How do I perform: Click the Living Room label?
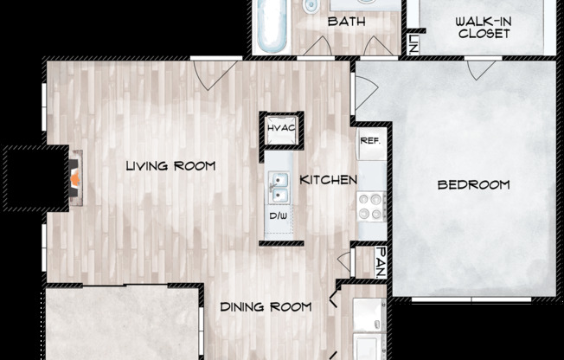point(170,165)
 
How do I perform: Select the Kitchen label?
point(329,180)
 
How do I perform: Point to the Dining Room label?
point(265,306)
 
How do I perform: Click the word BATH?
point(343,22)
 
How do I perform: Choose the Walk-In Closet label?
point(484,28)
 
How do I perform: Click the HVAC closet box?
point(282,130)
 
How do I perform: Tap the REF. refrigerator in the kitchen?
point(371,141)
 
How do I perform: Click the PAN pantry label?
point(379,262)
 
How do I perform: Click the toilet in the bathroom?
point(309,6)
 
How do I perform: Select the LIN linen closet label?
point(413,42)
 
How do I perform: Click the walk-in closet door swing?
point(481,68)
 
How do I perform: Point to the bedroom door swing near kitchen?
point(364,92)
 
